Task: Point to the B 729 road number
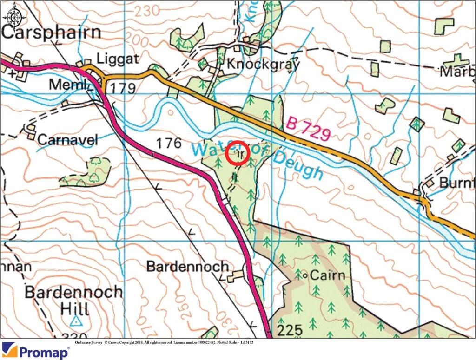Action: (x=309, y=129)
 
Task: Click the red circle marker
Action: (x=238, y=153)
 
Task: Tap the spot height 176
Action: (x=169, y=144)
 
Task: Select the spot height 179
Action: (x=123, y=87)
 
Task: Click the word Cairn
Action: (x=328, y=275)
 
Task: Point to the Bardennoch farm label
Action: (x=188, y=266)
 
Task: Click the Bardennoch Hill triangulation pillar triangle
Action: (x=76, y=321)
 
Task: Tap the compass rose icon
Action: (x=14, y=14)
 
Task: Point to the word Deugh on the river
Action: (x=298, y=165)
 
